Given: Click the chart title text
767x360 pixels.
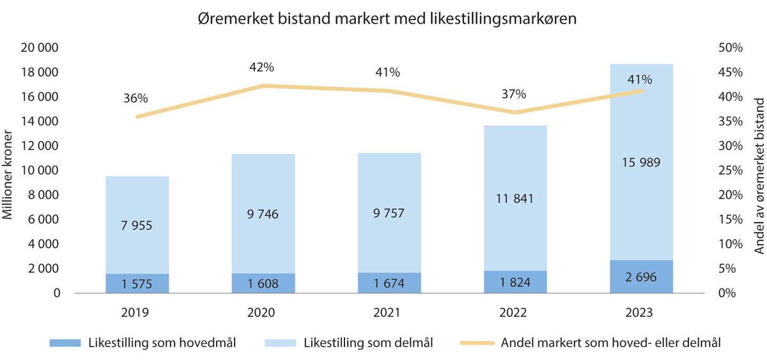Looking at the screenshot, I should click(x=387, y=19).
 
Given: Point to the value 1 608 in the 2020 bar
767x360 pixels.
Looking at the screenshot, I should click(x=263, y=283).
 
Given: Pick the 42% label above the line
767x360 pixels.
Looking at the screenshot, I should click(x=261, y=67).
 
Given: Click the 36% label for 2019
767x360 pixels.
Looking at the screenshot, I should click(x=136, y=98).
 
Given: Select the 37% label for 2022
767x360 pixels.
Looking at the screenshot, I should click(x=514, y=95).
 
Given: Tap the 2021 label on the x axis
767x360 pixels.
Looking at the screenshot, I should click(x=388, y=313).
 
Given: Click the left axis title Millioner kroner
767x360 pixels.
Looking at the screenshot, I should click(x=9, y=169).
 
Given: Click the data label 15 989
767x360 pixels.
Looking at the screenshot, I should click(x=640, y=162).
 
